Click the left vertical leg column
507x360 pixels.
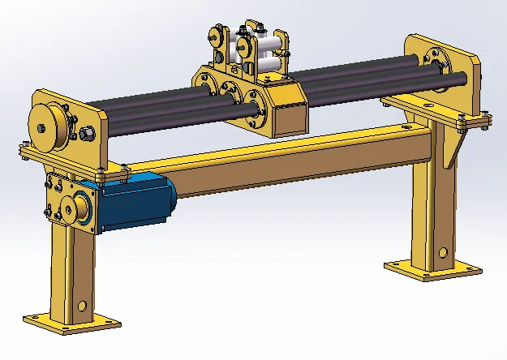(x=69, y=268)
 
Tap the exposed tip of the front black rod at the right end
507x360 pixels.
(x=463, y=79)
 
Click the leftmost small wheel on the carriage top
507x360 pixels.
(x=215, y=36)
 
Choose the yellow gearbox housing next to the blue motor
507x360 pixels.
(x=69, y=203)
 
